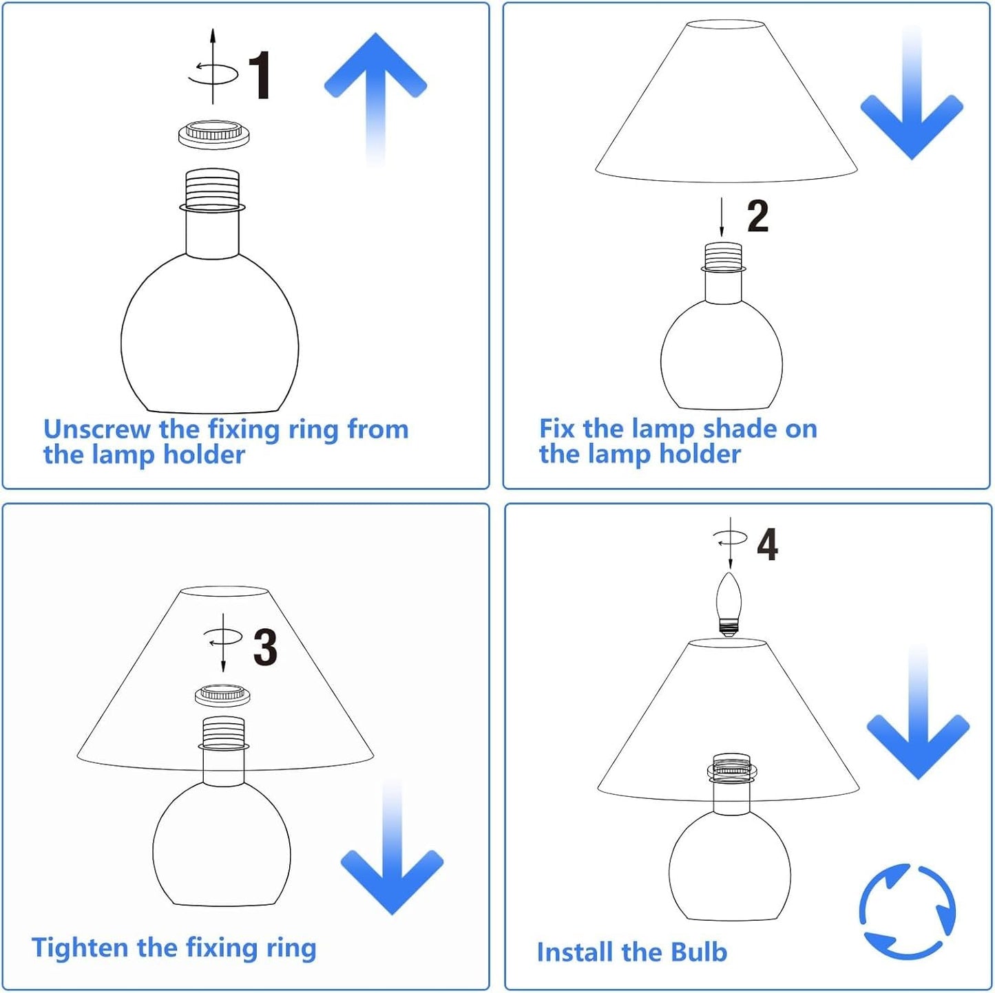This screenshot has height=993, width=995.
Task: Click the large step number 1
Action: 260,76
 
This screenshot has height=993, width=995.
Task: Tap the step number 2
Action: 757,216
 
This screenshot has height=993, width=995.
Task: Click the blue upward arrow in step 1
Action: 375,98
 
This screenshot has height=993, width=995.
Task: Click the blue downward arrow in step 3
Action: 392,846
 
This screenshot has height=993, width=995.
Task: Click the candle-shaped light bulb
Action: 729,604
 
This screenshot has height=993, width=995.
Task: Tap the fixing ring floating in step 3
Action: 223,696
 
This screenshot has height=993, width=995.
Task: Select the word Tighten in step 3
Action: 80,948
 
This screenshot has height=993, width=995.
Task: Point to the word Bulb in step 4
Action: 699,952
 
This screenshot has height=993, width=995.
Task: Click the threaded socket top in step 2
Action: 724,257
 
